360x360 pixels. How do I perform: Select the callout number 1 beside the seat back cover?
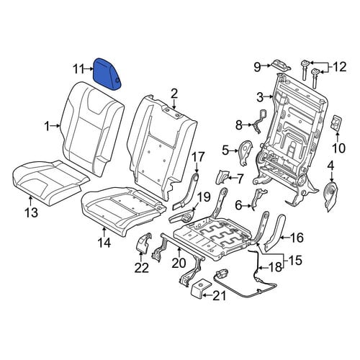[48, 126]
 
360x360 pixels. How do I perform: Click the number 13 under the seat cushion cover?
[31, 212]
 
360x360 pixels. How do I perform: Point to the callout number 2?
[174, 94]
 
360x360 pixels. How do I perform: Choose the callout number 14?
[104, 243]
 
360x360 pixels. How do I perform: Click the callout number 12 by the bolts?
[340, 67]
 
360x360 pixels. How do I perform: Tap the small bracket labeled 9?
[282, 66]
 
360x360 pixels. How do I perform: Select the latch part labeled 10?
[337, 123]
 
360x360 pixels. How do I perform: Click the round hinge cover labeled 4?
[330, 196]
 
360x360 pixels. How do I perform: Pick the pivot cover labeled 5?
[246, 153]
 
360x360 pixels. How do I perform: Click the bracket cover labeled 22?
[144, 243]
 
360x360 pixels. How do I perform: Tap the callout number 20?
[179, 263]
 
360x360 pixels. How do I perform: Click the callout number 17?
[198, 157]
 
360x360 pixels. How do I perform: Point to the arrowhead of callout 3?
[272, 97]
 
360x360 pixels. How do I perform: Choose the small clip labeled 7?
[221, 176]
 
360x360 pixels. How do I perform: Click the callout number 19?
[204, 197]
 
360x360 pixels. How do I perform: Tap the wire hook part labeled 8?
[258, 121]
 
